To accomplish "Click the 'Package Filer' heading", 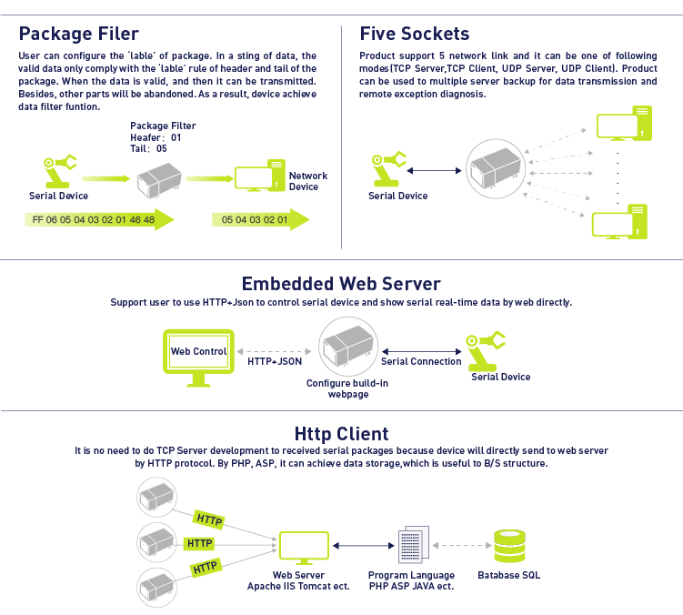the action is (79, 34).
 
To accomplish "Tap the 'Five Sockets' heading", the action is (414, 34).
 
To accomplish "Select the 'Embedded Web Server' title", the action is (341, 284).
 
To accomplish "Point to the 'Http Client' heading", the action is (342, 434).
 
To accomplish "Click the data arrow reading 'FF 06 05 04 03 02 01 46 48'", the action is (99, 219).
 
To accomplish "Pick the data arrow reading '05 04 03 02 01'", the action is (260, 219).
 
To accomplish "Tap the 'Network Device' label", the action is (308, 181).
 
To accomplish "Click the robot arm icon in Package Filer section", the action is (60, 171).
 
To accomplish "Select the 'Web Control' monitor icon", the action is (198, 358).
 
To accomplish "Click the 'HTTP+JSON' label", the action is (275, 361).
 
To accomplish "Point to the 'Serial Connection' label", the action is (421, 361).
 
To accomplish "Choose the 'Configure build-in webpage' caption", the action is (347, 388).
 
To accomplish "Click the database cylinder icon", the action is (509, 546).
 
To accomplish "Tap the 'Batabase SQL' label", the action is (508, 575).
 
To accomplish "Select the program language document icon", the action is (414, 545).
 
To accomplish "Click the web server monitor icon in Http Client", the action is (304, 548).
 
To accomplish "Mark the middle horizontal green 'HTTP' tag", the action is (199, 543).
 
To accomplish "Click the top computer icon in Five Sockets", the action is (624, 124).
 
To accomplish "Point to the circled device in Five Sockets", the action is (496, 168).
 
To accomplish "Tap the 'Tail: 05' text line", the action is (148, 148).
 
